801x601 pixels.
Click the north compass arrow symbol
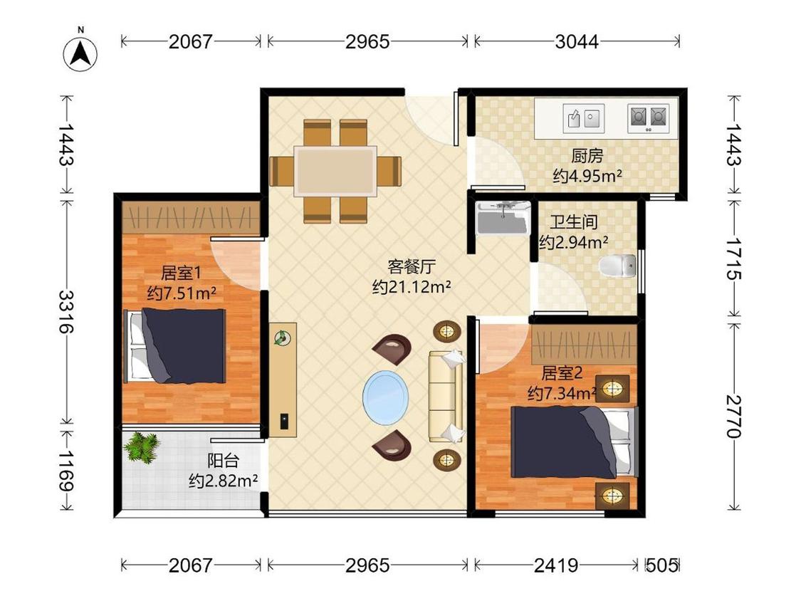[x=80, y=53]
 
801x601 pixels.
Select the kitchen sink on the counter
[x=583, y=119]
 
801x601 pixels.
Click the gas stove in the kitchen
[x=648, y=119]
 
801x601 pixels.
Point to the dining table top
[x=335, y=170]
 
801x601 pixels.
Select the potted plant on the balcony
[x=142, y=448]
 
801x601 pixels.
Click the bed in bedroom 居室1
[x=174, y=345]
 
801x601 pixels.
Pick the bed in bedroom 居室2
[x=575, y=441]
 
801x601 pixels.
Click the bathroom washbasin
[x=503, y=218]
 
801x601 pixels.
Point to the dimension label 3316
[x=65, y=312]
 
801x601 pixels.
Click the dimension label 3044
[x=577, y=41]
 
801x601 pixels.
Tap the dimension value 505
[x=662, y=565]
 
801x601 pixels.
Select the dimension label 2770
[x=733, y=417]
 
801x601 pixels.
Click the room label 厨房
[x=587, y=155]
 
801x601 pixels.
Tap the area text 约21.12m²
[x=412, y=287]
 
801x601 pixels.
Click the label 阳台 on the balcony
[x=224, y=461]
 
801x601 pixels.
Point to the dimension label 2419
[x=556, y=565]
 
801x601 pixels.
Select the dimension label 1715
[x=733, y=258]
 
